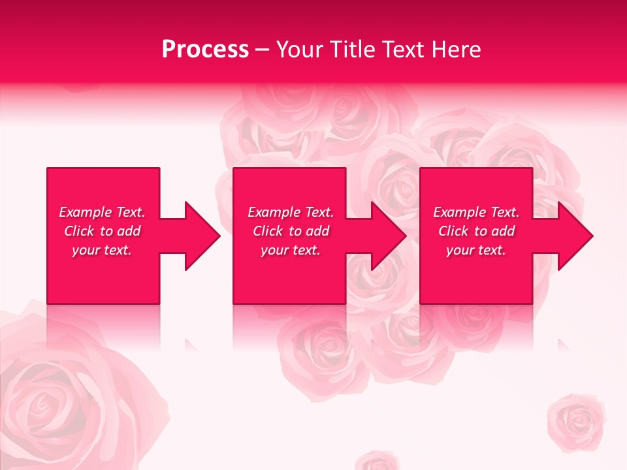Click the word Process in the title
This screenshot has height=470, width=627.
[205, 50]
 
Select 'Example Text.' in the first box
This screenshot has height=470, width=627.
[102, 212]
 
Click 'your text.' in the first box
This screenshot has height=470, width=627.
[102, 250]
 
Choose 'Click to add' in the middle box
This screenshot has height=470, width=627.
[291, 231]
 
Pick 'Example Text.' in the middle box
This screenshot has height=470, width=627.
[291, 212]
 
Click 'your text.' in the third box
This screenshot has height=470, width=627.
[476, 250]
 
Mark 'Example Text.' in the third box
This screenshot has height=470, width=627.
[476, 212]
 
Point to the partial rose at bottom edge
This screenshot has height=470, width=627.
[377, 461]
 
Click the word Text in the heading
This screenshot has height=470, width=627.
[403, 50]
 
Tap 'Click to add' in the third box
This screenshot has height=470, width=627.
[476, 231]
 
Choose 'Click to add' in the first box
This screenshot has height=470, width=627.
[102, 231]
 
